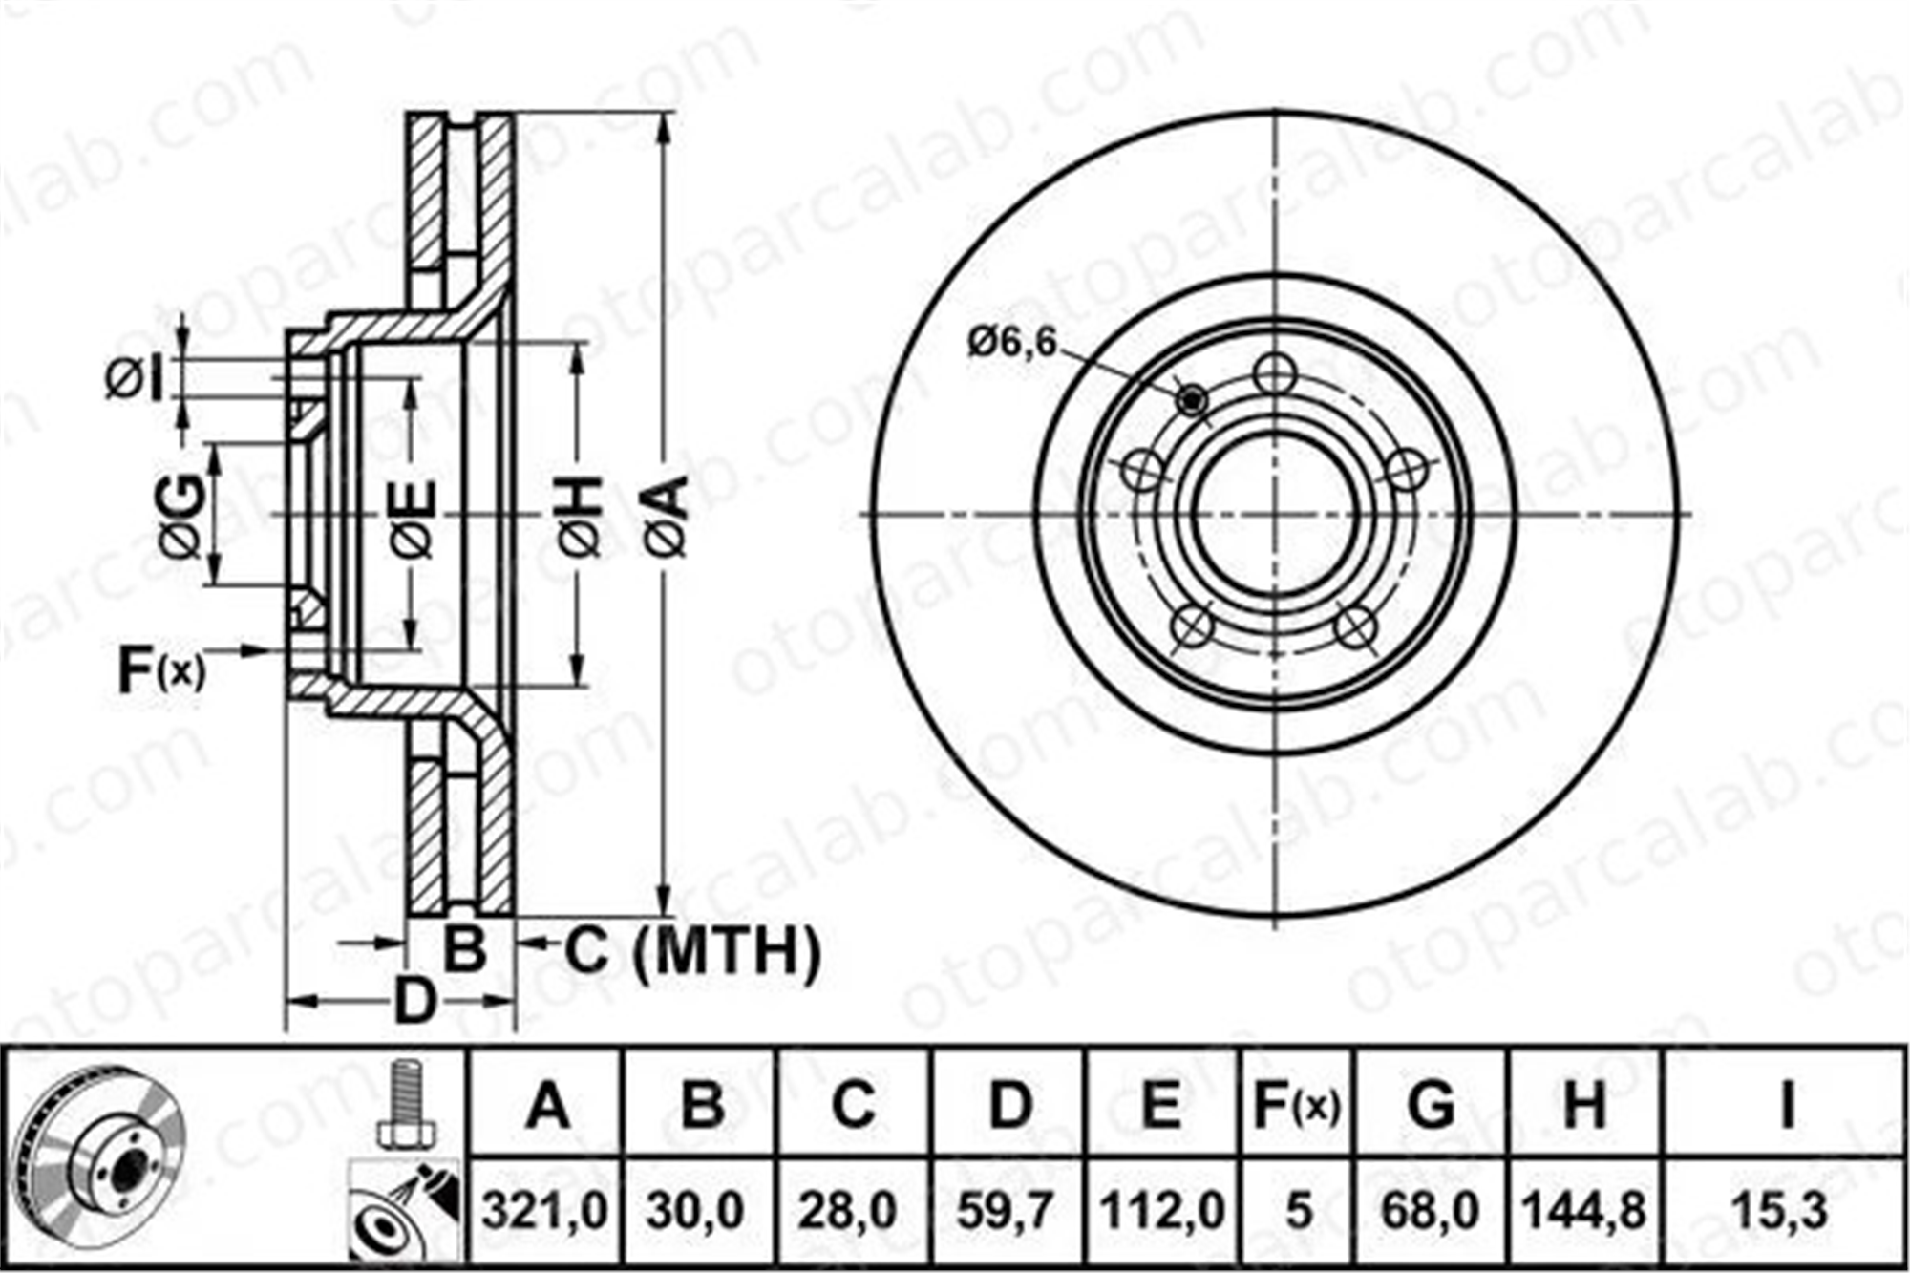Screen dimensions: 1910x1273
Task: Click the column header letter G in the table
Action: [x=1432, y=1106]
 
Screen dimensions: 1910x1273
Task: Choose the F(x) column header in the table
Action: [x=1296, y=1106]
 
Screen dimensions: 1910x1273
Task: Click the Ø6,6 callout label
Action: [x=1012, y=341]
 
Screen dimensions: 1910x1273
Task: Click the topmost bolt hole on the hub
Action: [x=1276, y=373]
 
